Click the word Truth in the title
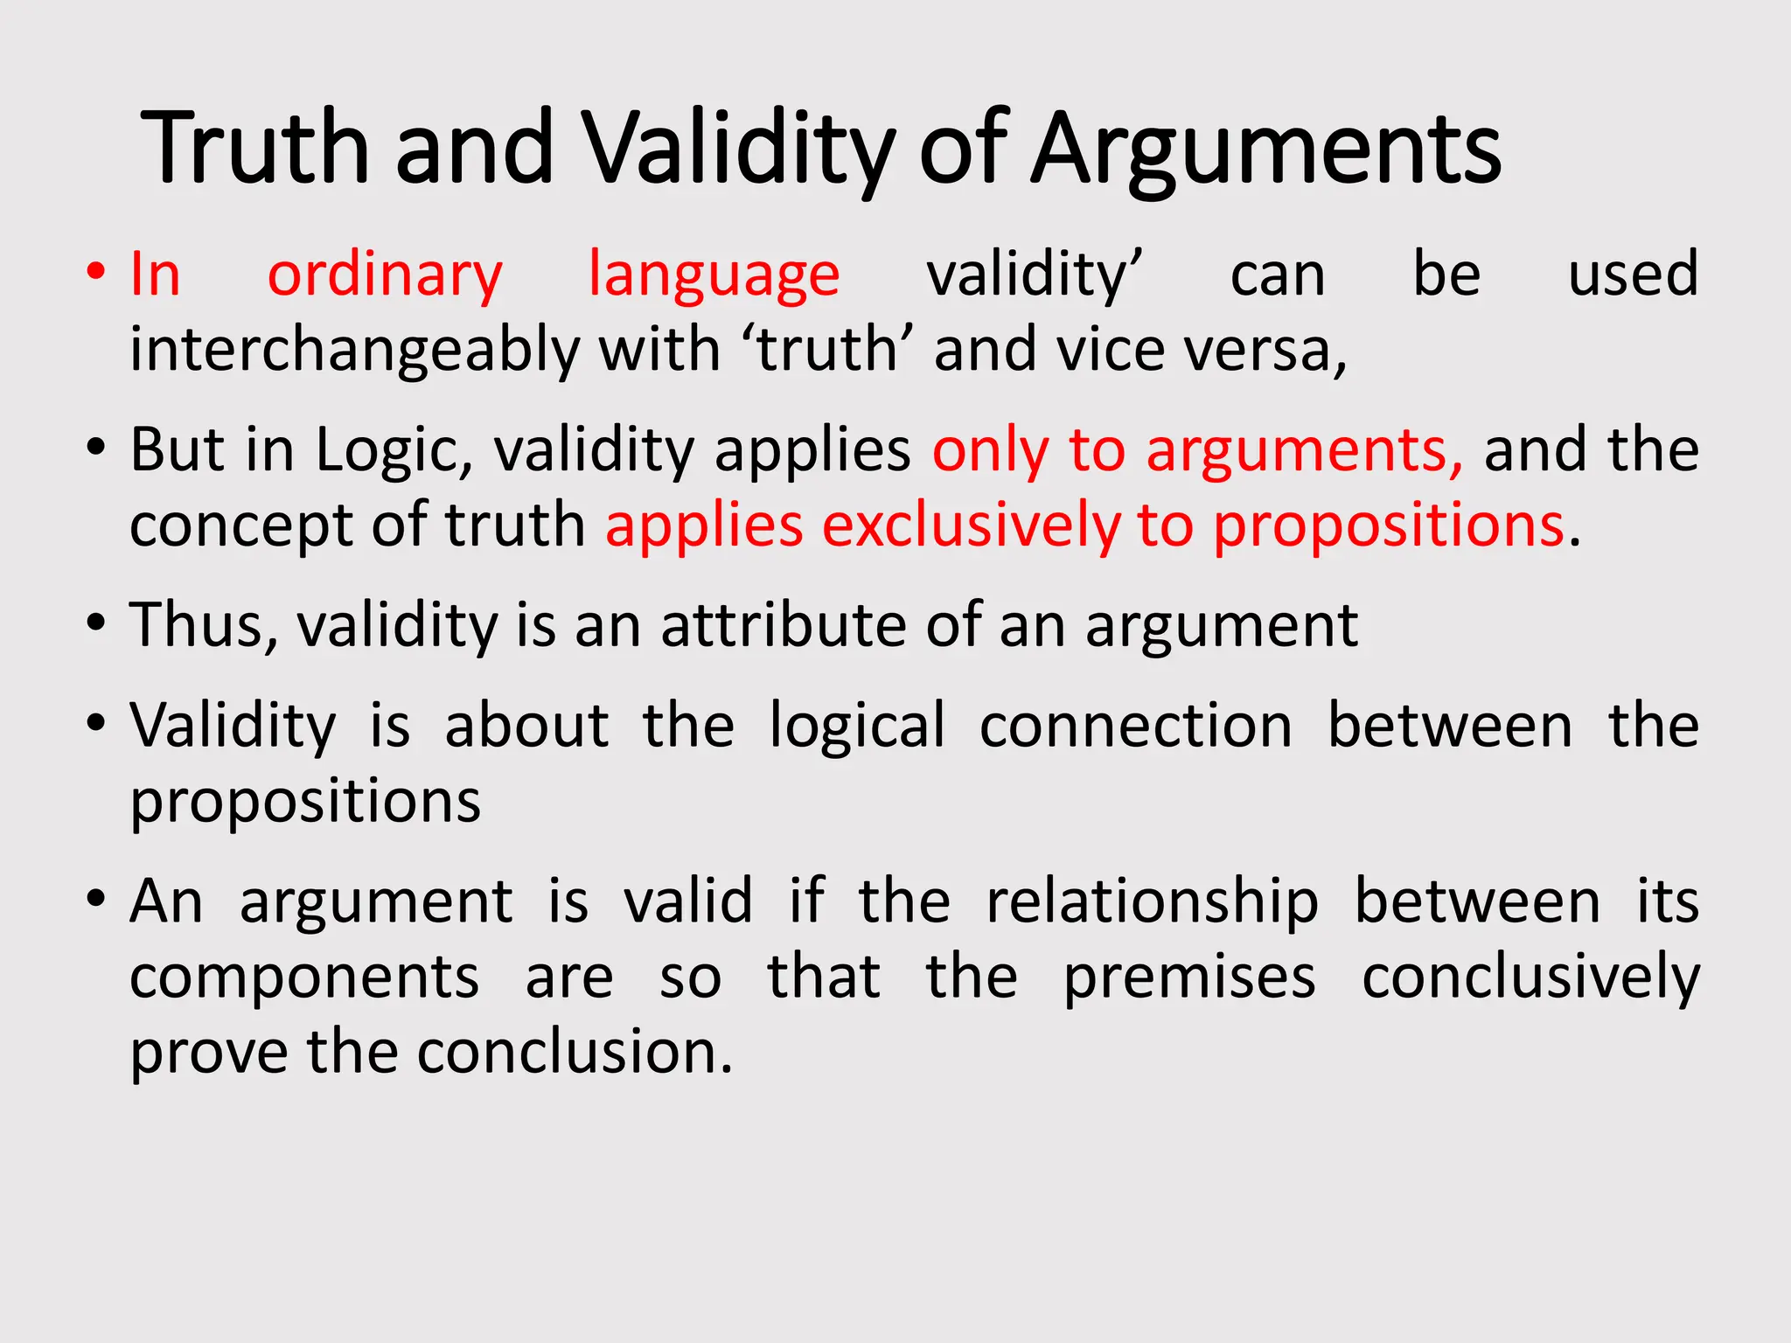[x=255, y=149]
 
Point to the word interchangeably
[x=354, y=351]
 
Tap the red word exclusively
[x=970, y=526]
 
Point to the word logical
[x=857, y=727]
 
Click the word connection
[x=1135, y=727]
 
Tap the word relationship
[x=1152, y=902]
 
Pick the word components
[x=304, y=978]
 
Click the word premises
[x=1189, y=978]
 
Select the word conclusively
[x=1530, y=978]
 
